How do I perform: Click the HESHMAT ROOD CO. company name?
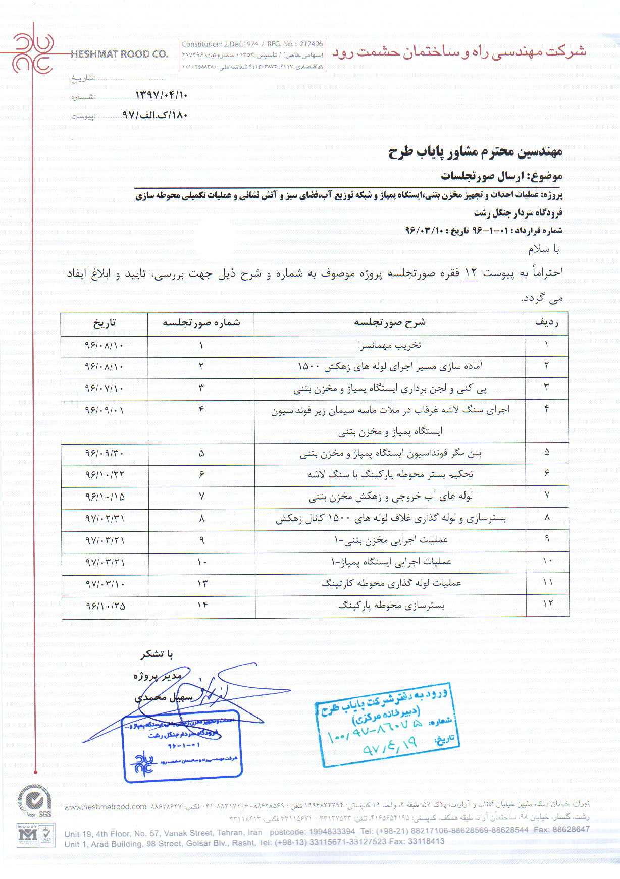tap(119, 54)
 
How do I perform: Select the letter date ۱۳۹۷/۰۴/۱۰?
tap(161, 95)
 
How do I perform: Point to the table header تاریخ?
tap(104, 323)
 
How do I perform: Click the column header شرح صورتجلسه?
tap(389, 322)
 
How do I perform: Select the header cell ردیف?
tap(546, 322)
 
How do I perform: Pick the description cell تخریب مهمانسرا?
tap(389, 345)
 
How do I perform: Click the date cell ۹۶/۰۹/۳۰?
tap(104, 453)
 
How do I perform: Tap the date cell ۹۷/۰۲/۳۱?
tap(105, 518)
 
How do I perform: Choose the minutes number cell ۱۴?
tap(202, 605)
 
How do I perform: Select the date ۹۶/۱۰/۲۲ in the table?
tap(105, 475)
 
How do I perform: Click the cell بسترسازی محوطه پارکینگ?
tap(391, 605)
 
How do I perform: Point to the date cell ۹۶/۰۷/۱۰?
tap(104, 388)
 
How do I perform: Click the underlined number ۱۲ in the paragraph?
tap(470, 273)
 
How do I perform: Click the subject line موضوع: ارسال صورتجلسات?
tap(501, 176)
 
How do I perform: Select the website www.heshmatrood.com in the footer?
tap(105, 807)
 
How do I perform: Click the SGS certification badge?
tap(34, 801)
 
